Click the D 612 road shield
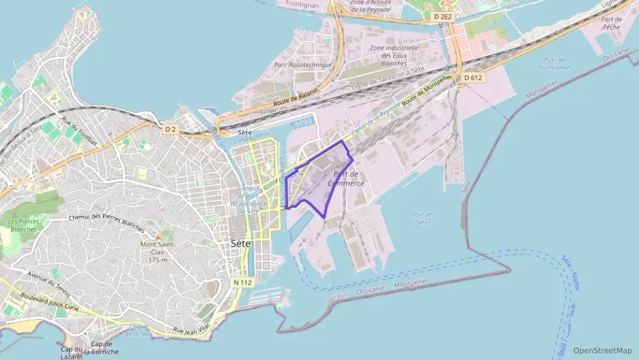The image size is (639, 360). (473, 78)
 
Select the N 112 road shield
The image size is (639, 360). (242, 282)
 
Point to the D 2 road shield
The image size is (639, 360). (170, 128)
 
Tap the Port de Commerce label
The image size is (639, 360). (346, 179)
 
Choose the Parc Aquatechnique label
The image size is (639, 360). (302, 65)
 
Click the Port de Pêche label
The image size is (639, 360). (611, 24)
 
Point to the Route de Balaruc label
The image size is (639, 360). (293, 102)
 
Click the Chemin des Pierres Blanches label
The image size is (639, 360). (106, 222)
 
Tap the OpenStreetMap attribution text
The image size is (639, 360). (603, 350)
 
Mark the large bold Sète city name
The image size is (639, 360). (241, 243)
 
